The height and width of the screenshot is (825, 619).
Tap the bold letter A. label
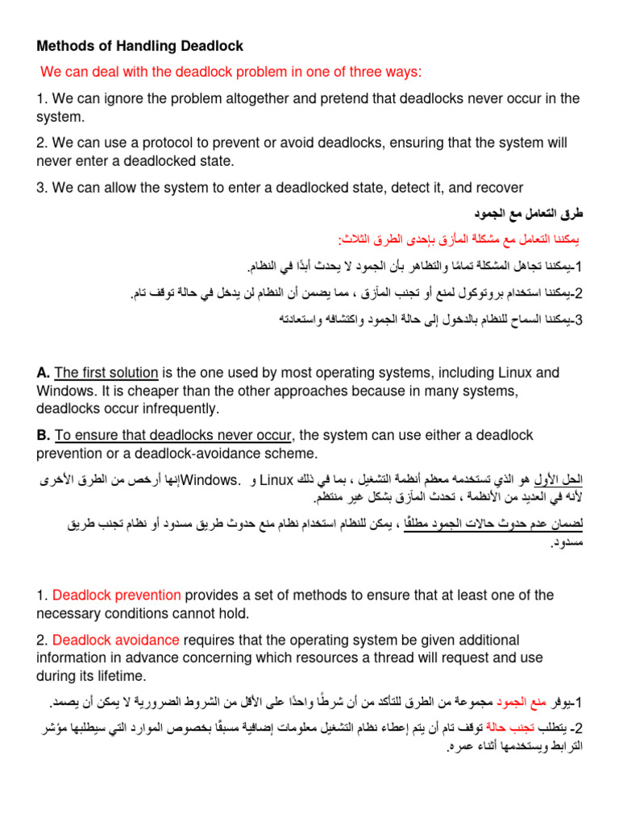click(x=44, y=373)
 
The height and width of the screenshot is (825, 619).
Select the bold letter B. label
click(x=44, y=436)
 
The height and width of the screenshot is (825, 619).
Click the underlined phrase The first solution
click(x=106, y=373)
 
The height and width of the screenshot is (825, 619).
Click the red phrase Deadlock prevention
click(x=117, y=595)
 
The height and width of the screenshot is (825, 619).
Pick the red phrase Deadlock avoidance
click(x=116, y=640)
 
